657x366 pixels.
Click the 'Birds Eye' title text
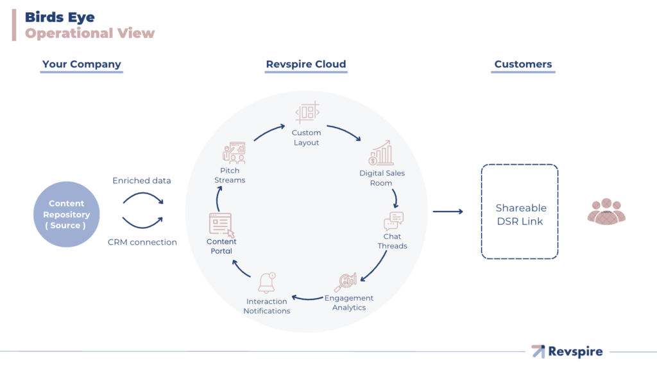[60, 17]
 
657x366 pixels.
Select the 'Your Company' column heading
[81, 64]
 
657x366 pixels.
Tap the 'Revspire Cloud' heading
[306, 64]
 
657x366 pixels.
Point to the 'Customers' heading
[523, 64]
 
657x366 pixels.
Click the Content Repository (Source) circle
[67, 215]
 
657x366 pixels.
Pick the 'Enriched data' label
[142, 181]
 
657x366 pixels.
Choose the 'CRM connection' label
[142, 242]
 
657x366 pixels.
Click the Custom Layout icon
[307, 113]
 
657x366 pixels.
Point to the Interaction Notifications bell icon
[267, 283]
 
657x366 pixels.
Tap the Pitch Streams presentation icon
[234, 153]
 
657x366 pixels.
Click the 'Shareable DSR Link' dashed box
[520, 212]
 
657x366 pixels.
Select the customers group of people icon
[606, 212]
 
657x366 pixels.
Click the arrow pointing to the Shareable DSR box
[448, 211]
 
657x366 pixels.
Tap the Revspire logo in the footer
[567, 351]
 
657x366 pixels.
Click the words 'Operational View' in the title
[90, 33]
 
